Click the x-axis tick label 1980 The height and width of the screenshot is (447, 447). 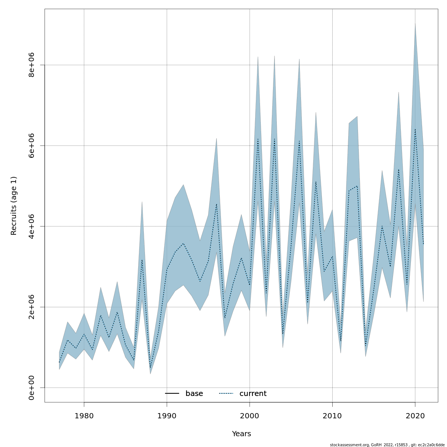[x=84, y=415]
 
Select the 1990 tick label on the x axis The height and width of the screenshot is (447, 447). [x=167, y=415]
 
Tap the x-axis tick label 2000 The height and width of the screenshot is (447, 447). [x=250, y=415]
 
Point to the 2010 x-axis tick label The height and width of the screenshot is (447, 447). [x=332, y=415]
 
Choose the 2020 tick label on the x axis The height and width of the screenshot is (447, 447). [x=415, y=415]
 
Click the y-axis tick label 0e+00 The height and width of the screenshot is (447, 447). [x=32, y=388]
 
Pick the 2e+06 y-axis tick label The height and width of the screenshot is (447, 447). [x=32, y=307]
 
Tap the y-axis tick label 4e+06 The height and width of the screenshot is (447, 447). [x=32, y=226]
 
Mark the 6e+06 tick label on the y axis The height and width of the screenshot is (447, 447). [x=32, y=145]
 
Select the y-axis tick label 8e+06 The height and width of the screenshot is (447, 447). [x=32, y=65]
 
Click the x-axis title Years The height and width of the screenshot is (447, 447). [x=241, y=434]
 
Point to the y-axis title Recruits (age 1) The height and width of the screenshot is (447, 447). [x=14, y=206]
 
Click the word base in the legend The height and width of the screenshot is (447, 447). [x=194, y=394]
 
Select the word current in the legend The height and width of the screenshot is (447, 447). [x=253, y=394]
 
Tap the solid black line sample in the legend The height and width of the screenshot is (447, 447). [x=172, y=394]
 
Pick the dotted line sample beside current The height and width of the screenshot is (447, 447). [x=226, y=394]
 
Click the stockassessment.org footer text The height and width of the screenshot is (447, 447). [x=387, y=445]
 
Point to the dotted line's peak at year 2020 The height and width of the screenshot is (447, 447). [x=415, y=129]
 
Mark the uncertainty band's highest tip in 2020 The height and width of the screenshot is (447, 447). [x=415, y=23]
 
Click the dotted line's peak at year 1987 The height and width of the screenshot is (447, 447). [x=142, y=260]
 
